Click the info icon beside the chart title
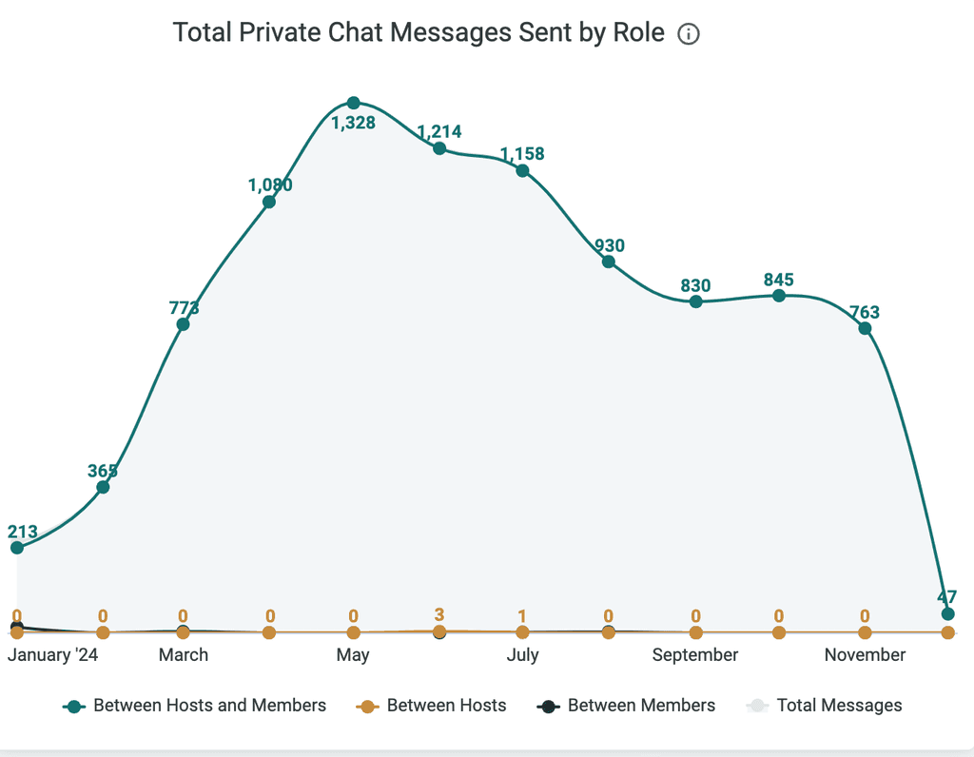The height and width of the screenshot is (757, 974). (689, 33)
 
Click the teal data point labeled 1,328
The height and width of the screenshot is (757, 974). (354, 103)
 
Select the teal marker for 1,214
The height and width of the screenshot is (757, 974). (439, 148)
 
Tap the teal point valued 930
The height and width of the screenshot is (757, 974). (609, 262)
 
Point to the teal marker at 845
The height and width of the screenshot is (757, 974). (779, 296)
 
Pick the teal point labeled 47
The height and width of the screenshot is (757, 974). (948, 614)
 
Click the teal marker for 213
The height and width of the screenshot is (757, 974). (17, 548)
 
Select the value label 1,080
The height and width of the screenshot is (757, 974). (270, 184)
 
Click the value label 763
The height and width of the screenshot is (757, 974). (865, 312)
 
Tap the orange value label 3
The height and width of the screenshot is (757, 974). (439, 614)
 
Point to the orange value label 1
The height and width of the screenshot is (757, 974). (522, 616)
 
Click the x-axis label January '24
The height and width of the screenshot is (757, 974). (53, 655)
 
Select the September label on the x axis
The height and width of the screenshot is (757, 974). (695, 655)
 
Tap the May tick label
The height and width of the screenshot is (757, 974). (353, 656)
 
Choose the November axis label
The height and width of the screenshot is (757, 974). (865, 655)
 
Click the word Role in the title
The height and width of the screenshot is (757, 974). (638, 32)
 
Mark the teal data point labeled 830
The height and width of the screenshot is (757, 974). (695, 301)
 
